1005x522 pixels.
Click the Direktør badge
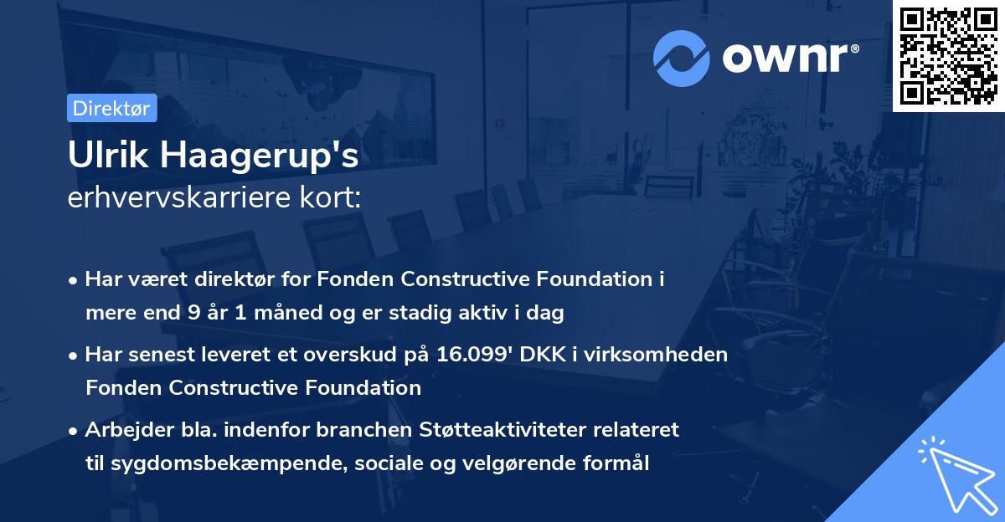click(x=111, y=108)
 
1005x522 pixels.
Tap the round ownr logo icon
click(x=682, y=59)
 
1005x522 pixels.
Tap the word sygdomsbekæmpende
click(x=192, y=463)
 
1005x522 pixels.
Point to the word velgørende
click(x=517, y=463)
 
